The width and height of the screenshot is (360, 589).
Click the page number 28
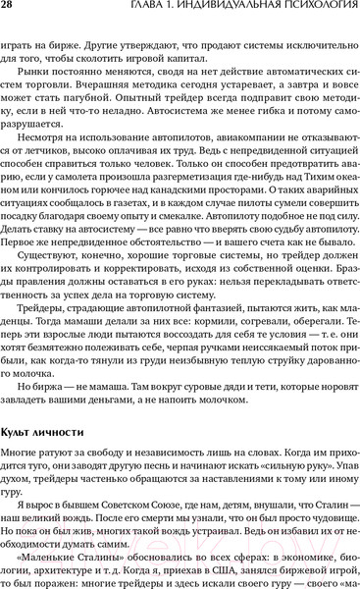pyautogui.click(x=14, y=12)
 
